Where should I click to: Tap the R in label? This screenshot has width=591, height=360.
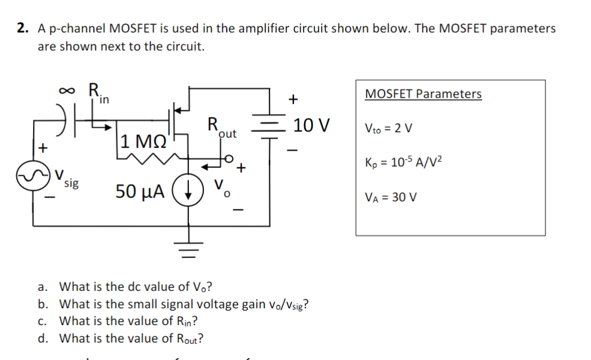click(98, 94)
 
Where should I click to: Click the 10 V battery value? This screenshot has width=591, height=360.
click(311, 126)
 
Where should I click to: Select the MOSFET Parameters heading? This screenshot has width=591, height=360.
click(422, 94)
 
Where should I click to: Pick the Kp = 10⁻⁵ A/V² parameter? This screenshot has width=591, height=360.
click(403, 163)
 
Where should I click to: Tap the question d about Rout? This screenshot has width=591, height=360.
click(131, 338)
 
